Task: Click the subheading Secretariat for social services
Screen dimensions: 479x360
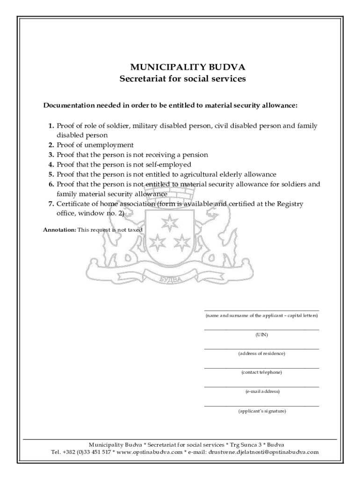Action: tap(182, 79)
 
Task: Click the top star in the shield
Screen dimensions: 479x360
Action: tap(168, 221)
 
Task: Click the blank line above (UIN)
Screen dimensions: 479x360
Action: tap(261, 330)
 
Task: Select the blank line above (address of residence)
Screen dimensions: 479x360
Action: tap(261, 348)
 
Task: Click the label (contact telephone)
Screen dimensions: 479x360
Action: tap(261, 372)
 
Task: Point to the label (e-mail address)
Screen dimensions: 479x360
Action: tap(261, 392)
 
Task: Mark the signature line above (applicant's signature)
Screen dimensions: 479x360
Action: tap(261, 406)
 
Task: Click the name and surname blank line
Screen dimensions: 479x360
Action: tap(261, 311)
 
